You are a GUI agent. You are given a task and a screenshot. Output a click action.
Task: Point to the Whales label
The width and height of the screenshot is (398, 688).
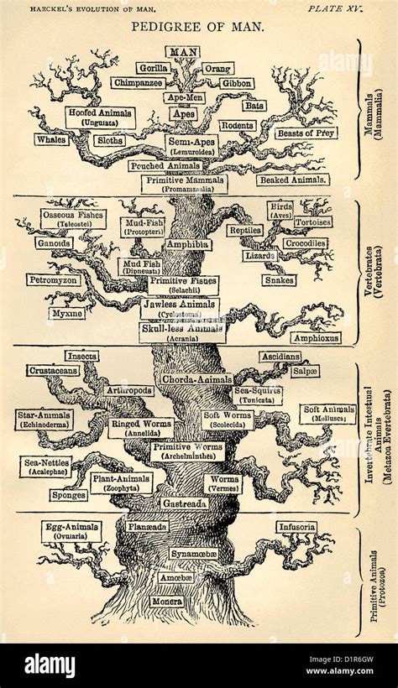pyautogui.click(x=50, y=139)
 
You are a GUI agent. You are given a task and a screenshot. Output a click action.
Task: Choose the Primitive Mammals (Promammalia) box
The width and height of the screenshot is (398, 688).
pyautogui.click(x=183, y=184)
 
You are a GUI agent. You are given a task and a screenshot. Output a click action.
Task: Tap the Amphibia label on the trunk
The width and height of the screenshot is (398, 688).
pyautogui.click(x=186, y=244)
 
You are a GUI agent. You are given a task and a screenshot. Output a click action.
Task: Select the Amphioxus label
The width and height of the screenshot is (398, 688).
pyautogui.click(x=317, y=338)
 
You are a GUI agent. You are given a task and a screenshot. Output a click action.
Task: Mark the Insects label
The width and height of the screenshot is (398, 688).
pyautogui.click(x=81, y=356)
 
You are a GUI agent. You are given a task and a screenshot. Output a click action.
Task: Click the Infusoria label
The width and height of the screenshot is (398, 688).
pyautogui.click(x=297, y=527)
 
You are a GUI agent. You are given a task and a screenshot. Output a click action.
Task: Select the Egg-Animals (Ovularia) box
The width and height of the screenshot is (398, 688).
pyautogui.click(x=71, y=531)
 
